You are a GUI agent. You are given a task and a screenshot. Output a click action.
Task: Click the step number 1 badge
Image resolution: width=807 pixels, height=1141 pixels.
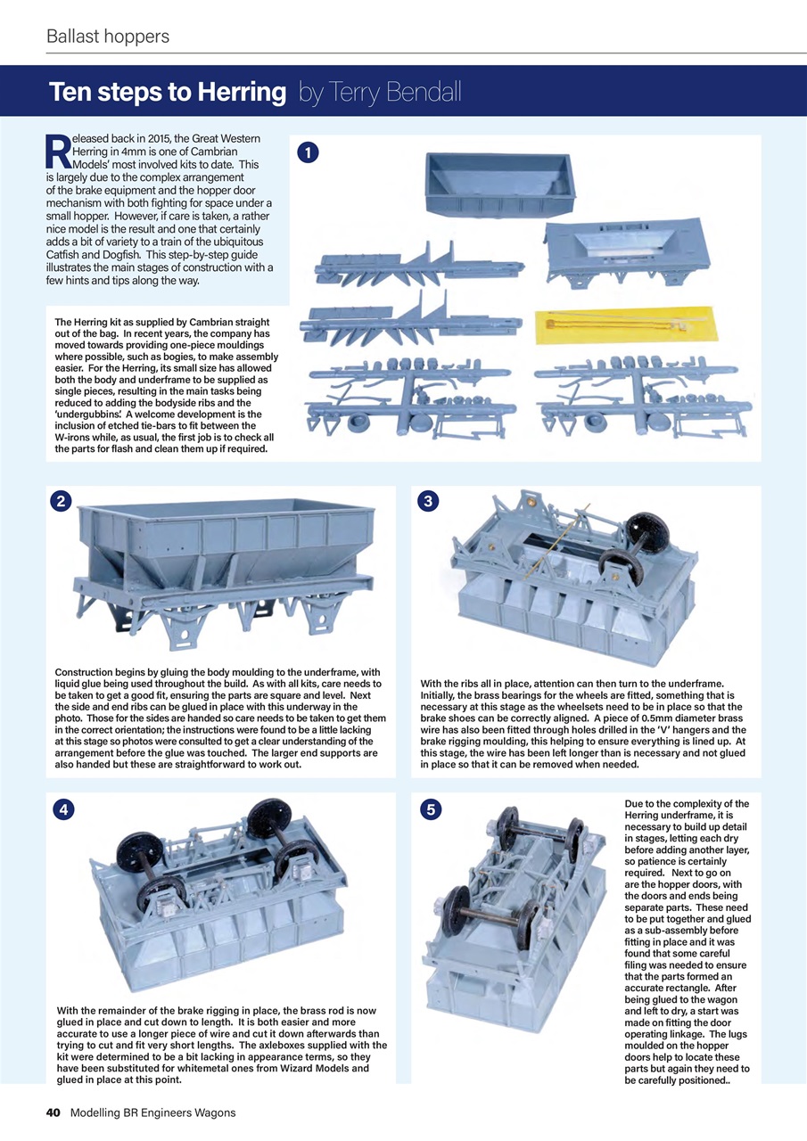pos(307,154)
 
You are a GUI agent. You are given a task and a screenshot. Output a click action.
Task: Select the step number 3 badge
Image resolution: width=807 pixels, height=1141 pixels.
pos(427,502)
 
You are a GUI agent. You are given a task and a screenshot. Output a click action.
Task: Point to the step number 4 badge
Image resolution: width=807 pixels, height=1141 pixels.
pos(62,809)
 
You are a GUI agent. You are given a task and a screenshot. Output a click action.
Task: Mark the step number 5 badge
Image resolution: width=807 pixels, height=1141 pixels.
pos(430,809)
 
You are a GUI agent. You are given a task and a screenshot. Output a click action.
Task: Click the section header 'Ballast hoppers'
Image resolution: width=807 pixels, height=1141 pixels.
pos(108,37)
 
